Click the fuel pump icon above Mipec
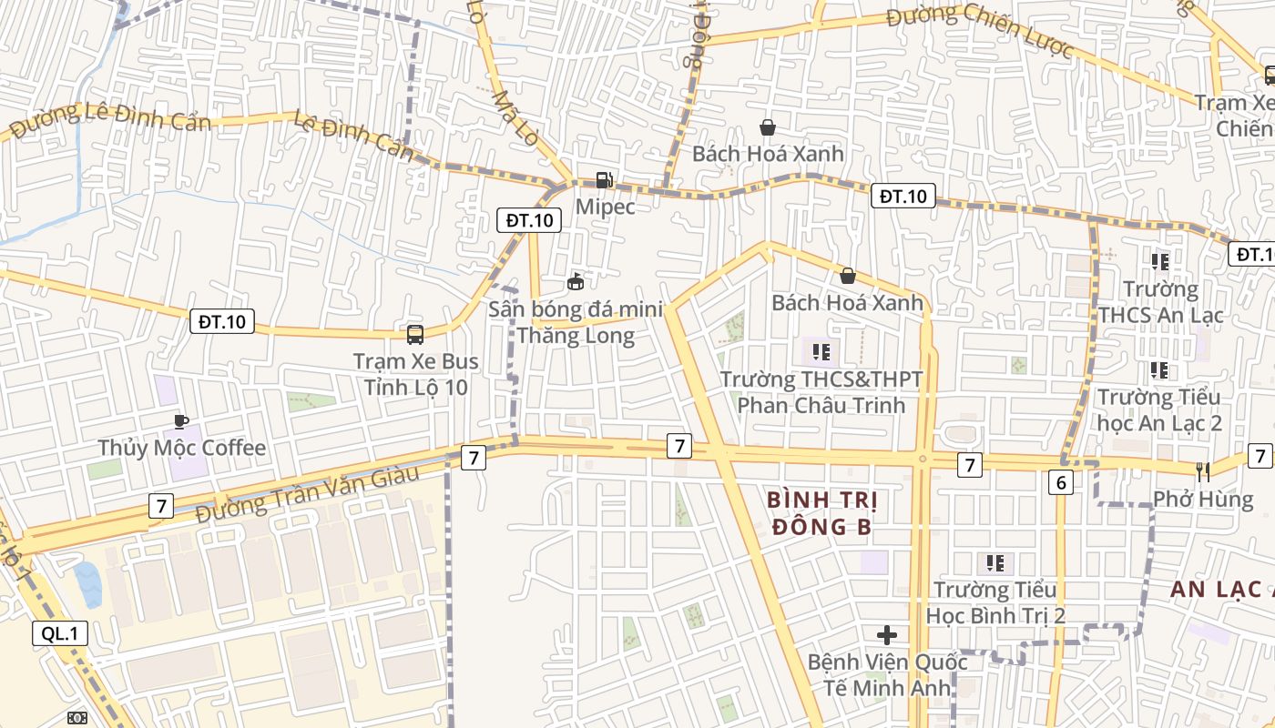pos(603,180)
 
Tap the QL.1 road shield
pos(61,633)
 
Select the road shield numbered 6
pos(1060,482)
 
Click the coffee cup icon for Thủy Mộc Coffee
pos(180,421)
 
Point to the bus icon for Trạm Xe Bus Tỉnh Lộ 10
pos(415,334)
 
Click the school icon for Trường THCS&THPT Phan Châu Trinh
pos(821,351)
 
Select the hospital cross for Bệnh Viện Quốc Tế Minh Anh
pos(887,634)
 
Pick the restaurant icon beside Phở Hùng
pos(1203,470)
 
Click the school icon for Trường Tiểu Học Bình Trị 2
pos(994,562)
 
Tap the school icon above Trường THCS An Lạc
pos(1159,262)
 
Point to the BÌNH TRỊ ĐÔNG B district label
pos(821,512)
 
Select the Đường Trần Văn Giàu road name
pos(307,493)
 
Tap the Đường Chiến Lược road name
pos(980,29)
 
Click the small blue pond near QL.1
pos(87,584)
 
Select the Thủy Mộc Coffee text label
pos(181,448)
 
